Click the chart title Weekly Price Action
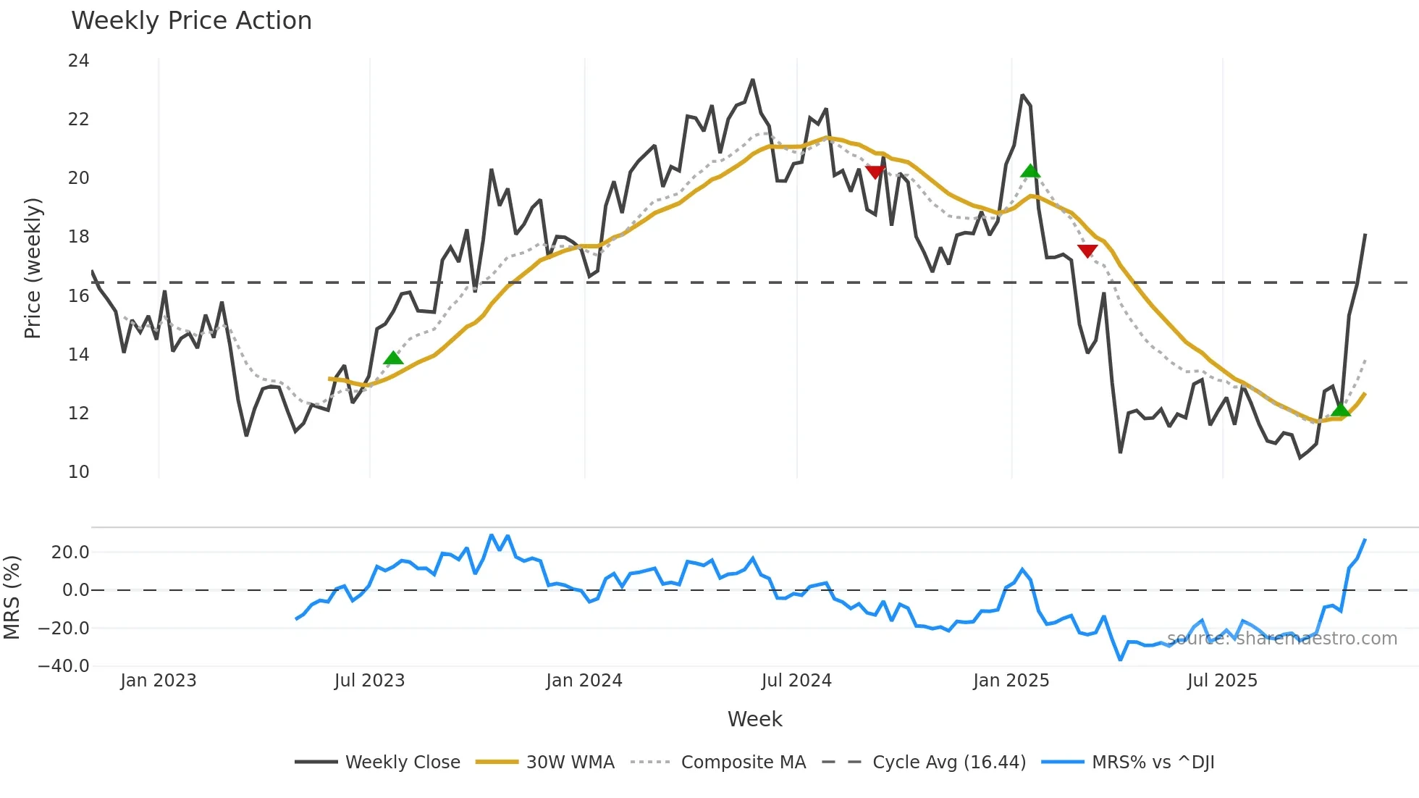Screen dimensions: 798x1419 click(191, 21)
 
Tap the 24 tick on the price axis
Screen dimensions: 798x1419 click(78, 61)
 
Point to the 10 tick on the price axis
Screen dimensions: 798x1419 click(78, 472)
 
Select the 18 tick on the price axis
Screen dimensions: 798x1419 click(78, 237)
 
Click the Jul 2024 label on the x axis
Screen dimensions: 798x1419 click(796, 681)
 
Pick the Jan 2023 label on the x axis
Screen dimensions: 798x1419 click(158, 681)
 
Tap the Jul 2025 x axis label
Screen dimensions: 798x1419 click(1221, 681)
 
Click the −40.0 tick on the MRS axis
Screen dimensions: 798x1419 click(64, 666)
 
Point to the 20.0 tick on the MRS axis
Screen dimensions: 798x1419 click(70, 553)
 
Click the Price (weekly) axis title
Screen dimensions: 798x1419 click(33, 268)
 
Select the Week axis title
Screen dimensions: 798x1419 click(754, 719)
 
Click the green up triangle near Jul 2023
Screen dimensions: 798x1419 click(393, 358)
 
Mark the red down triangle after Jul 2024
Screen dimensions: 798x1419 click(875, 172)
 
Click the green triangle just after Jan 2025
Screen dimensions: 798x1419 click(1030, 172)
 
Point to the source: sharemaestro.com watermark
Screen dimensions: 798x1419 click(1281, 639)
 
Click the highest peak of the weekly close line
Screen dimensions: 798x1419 click(753, 80)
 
